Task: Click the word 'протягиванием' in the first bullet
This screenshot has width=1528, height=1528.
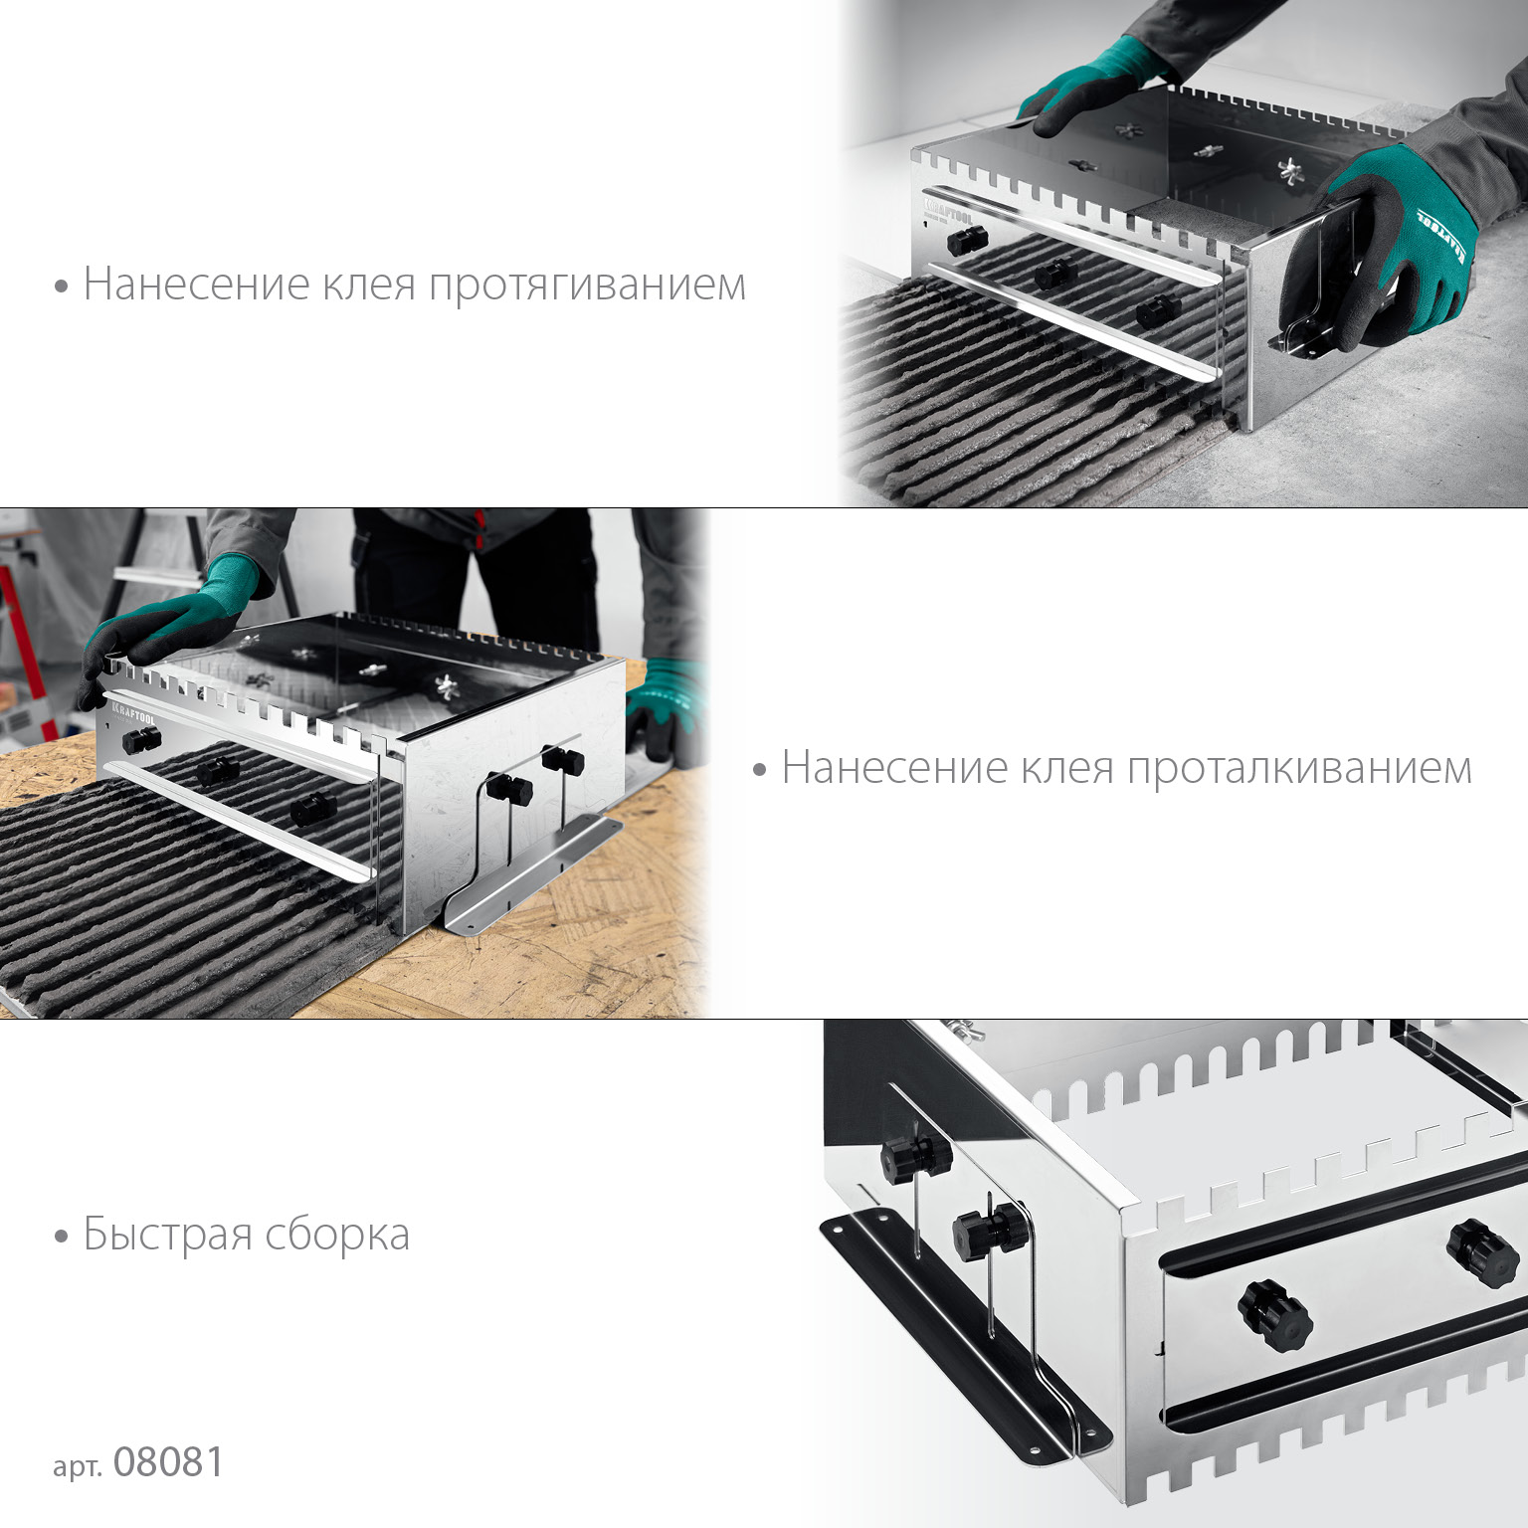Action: click(x=587, y=286)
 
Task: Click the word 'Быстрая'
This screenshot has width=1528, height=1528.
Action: click(x=167, y=1235)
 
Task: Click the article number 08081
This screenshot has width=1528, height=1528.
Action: click(x=169, y=1462)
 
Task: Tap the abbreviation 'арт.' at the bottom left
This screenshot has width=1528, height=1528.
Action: click(x=78, y=1466)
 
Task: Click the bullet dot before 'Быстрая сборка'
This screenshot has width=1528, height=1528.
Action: click(x=62, y=1237)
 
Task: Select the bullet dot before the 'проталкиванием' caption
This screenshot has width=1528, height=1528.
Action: click(x=760, y=770)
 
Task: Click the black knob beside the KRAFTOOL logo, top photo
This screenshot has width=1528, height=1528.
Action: click(x=966, y=240)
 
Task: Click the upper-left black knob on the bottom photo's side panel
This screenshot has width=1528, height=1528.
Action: click(x=915, y=1156)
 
